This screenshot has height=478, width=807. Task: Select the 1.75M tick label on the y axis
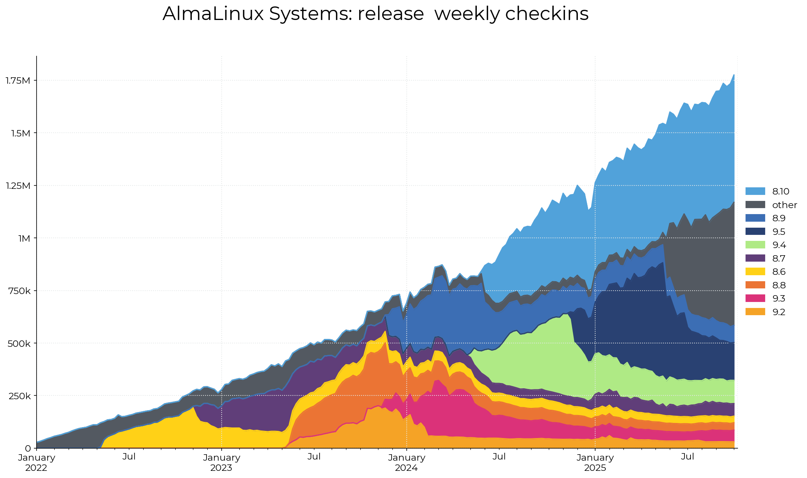18,80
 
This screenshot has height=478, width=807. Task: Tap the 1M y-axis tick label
24,238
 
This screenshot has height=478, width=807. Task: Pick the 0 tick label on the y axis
28,449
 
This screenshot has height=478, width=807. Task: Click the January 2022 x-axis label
37,463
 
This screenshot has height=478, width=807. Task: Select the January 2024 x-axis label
407,463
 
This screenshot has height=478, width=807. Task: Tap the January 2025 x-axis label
595,463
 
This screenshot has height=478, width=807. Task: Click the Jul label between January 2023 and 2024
314,457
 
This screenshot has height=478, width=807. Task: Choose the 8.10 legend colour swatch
755,191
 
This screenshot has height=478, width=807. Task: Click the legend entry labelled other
784,205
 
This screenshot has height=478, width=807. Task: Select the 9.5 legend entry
779,232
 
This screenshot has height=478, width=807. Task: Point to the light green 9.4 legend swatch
755,245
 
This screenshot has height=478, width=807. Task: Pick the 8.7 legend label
779,259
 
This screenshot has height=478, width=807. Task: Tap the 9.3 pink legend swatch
755,299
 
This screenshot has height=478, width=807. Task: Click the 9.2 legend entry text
779,312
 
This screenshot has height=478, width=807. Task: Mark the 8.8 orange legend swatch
755,285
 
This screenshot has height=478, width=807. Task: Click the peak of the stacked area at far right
733,75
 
